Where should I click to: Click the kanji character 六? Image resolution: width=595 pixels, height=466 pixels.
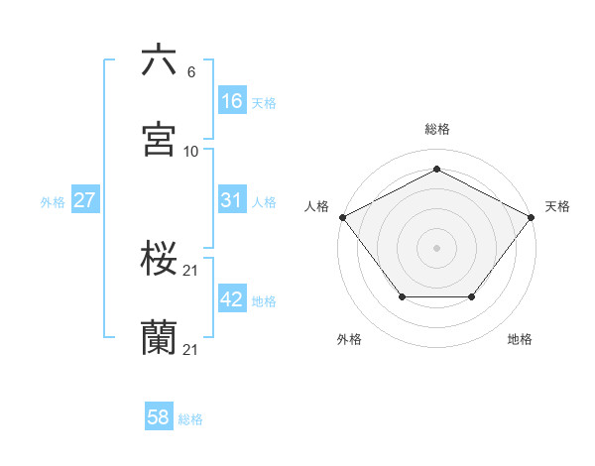coord(160,61)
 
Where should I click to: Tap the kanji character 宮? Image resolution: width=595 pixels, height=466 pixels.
coord(160,140)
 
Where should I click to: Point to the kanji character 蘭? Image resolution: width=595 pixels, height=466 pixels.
coord(160,338)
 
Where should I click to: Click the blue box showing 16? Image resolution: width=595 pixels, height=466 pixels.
coord(231,100)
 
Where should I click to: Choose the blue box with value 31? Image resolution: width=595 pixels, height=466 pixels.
coord(231,200)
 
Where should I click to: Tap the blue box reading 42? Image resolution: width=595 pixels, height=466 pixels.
coord(231,299)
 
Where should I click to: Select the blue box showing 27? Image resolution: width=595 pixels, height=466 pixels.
coord(85,200)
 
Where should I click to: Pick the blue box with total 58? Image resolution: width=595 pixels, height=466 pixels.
coord(159,417)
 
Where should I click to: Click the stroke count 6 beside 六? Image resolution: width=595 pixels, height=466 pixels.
coord(190,72)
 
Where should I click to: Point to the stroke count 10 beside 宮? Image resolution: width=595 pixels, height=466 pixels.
coord(191,152)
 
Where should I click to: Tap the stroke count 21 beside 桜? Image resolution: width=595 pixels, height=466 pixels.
coord(191,271)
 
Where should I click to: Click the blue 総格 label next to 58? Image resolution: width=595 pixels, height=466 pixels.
coord(190,419)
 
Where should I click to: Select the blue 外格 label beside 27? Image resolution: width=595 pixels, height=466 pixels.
coord(53,201)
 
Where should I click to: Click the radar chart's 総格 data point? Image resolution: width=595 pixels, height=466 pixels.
coord(436,170)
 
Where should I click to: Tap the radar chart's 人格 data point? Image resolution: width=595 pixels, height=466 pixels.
coord(341,216)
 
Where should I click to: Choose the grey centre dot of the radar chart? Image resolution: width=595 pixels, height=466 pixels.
coord(436,247)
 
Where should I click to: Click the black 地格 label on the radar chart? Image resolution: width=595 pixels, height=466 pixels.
coord(520,339)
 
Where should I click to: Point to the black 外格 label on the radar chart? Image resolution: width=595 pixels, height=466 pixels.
coord(349,339)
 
